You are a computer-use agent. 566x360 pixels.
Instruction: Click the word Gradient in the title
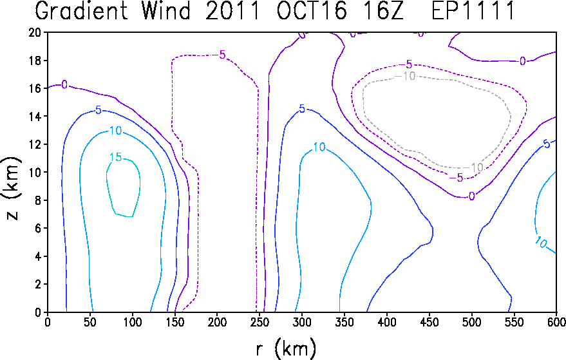click(81, 11)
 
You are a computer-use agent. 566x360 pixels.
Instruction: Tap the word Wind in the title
click(165, 11)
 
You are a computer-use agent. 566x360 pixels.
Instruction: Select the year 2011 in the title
click(232, 11)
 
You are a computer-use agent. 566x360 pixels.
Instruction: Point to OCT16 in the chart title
click(312, 11)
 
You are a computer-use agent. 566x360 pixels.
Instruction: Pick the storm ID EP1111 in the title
click(473, 11)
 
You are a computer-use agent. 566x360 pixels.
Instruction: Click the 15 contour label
click(116, 157)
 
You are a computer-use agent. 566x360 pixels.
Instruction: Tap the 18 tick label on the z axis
click(35, 61)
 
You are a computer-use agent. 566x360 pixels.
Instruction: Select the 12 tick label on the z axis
click(35, 144)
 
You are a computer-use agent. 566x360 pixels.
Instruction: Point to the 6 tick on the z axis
click(38, 228)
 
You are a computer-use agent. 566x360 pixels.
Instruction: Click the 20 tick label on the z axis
click(35, 32)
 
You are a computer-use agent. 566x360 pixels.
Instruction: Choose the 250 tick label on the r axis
click(259, 322)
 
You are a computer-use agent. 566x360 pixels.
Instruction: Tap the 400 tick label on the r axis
click(386, 322)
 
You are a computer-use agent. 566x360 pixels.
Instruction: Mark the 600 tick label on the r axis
click(556, 322)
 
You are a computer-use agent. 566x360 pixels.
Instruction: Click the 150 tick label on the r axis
click(175, 322)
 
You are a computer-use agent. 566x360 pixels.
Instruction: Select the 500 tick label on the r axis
click(471, 322)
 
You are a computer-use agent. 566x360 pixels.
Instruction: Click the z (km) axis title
click(12, 188)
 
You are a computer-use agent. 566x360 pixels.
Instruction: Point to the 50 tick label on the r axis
click(90, 322)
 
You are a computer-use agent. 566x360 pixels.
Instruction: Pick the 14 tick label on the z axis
click(35, 117)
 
